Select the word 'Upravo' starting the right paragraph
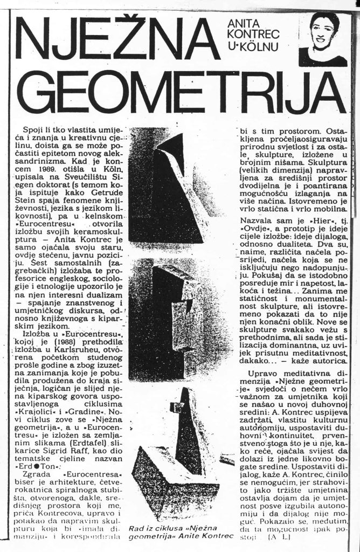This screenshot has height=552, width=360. (262, 373)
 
